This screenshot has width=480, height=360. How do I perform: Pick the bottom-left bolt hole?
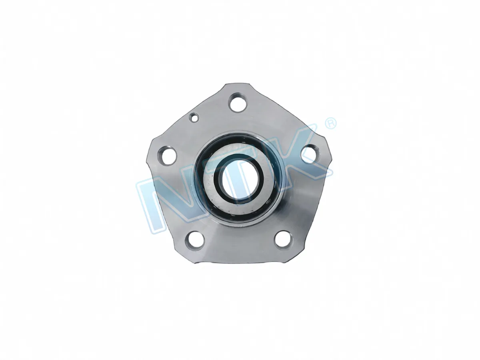click(195, 241)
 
